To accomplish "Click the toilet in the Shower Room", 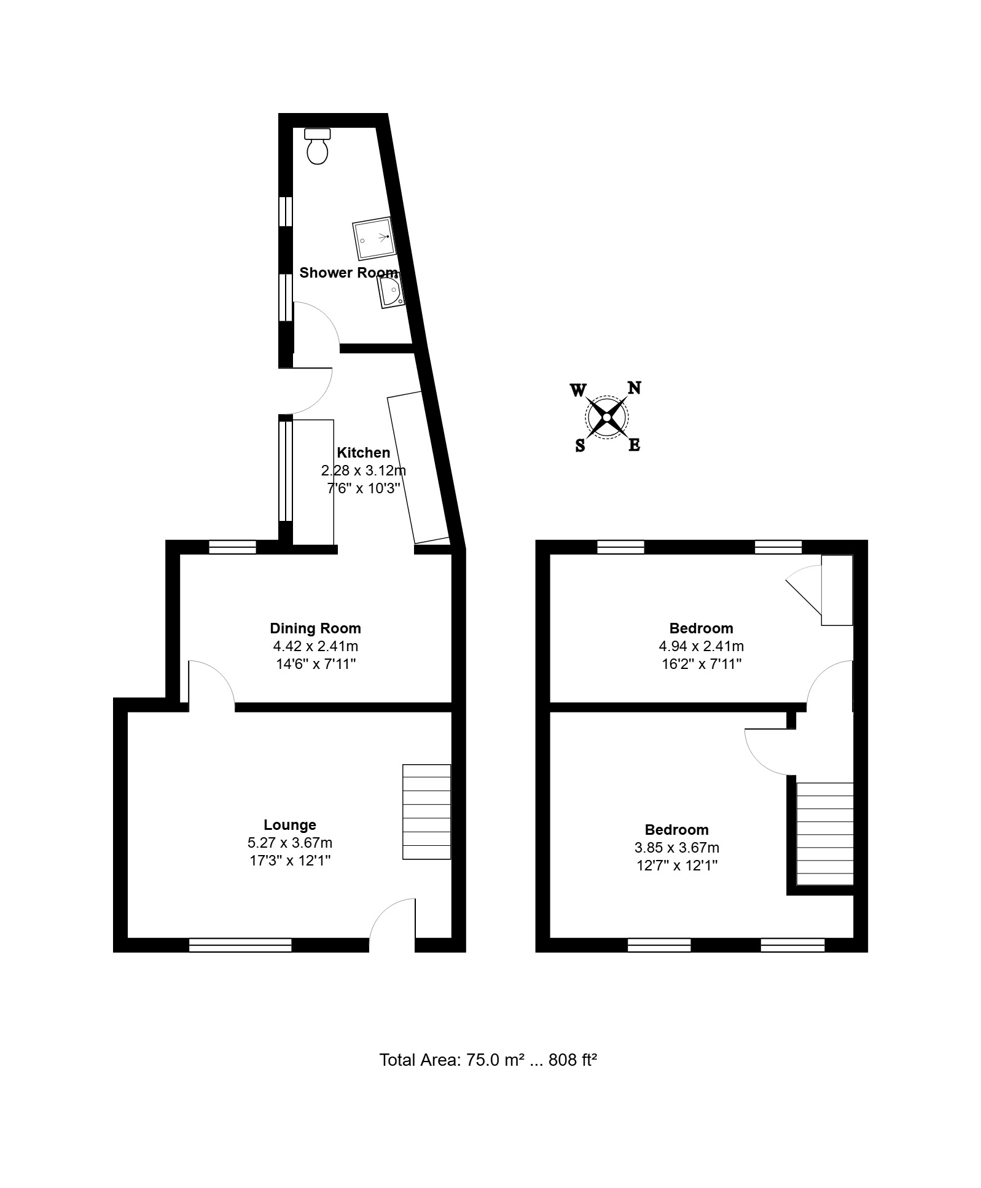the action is point(318,146).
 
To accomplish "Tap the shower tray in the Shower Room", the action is point(373,238).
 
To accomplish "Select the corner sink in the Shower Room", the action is point(391,291).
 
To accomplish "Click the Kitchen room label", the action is point(363,453).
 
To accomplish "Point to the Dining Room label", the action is point(315,628).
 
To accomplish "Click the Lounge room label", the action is point(290,825).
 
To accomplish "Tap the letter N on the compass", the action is point(634,388).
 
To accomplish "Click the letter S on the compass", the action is point(580,446).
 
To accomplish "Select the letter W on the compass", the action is point(578,390).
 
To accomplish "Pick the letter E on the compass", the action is point(635,445).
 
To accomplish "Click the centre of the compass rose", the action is point(607,418).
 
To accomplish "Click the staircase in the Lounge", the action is point(426,811).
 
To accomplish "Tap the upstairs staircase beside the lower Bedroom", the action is point(825,834).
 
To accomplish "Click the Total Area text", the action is point(488,1060).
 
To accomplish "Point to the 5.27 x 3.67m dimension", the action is point(290,843).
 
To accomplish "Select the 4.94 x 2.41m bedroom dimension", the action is point(701,646).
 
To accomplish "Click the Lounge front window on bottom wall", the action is point(240,945).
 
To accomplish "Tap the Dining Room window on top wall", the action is point(232,547).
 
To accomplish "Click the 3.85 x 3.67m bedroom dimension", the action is point(676,848).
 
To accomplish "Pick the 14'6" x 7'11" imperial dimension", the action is point(315,664).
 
